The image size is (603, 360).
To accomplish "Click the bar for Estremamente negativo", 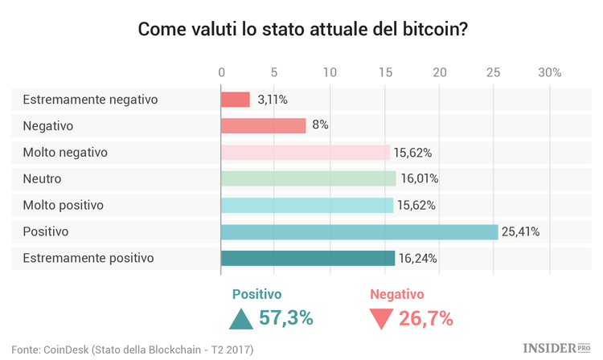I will click(236, 100).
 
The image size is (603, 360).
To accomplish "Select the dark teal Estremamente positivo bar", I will click(308, 258).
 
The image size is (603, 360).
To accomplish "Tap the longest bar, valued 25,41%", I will click(359, 231).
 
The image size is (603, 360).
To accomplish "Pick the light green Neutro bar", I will click(309, 178).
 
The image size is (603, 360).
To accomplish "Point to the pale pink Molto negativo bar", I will click(306, 152).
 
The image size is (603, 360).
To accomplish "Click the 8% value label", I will click(320, 125).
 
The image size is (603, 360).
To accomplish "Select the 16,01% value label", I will click(419, 178).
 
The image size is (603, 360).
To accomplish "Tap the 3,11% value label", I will click(272, 100).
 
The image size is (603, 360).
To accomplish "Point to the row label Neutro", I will click(42, 178).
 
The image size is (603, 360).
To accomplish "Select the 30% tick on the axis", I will click(549, 73).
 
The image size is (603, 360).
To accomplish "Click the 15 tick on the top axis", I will click(385, 73).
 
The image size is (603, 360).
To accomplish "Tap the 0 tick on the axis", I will click(221, 73).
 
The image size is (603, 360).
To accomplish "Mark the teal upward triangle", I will click(241, 319).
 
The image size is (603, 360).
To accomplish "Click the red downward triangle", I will click(380, 318).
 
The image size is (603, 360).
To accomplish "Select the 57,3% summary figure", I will click(285, 318).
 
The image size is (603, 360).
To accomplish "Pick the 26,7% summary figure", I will click(426, 318).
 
